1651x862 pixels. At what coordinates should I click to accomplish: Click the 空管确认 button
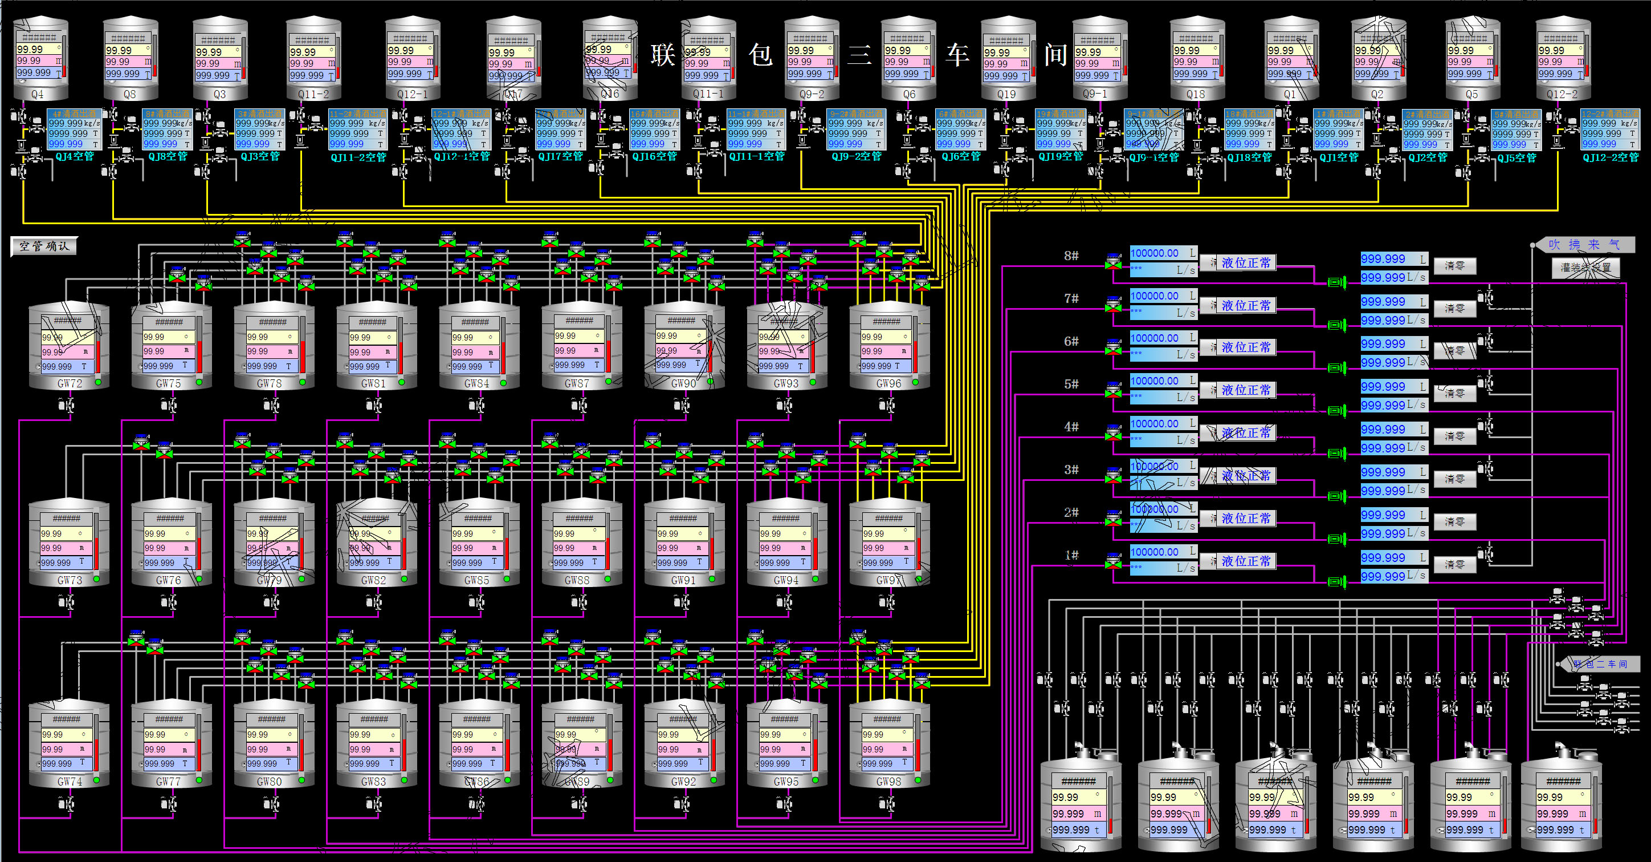[43, 246]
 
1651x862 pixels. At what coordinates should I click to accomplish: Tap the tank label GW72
[69, 383]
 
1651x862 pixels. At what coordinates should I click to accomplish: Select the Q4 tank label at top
[38, 94]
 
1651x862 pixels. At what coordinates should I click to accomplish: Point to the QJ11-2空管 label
[358, 157]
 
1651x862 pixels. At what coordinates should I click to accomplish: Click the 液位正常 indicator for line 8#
[1245, 263]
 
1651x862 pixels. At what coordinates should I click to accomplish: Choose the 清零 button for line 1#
[1454, 564]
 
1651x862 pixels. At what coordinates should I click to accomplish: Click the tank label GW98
[888, 781]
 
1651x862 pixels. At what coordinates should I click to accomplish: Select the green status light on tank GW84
[503, 383]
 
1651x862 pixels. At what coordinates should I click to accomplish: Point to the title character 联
[663, 55]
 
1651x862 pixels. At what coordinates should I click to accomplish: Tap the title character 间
[1055, 55]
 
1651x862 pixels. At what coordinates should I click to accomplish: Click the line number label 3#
[1071, 470]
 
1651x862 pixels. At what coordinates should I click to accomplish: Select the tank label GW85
[476, 580]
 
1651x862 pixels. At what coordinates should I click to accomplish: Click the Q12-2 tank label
[1562, 94]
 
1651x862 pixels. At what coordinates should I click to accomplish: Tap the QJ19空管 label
[1061, 156]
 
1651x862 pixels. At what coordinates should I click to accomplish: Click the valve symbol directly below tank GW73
[66, 602]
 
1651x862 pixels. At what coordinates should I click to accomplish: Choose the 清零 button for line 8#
[1454, 265]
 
